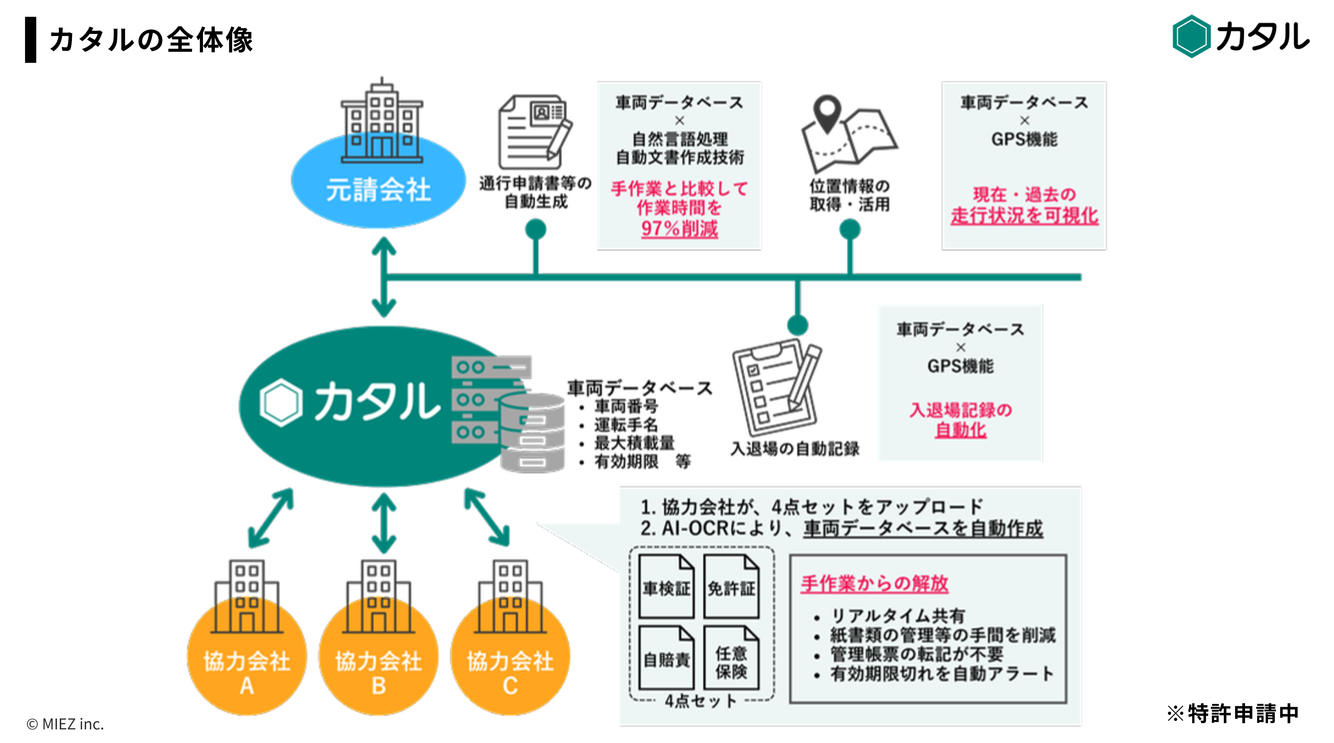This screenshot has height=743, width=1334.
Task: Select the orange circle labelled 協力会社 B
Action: click(x=378, y=668)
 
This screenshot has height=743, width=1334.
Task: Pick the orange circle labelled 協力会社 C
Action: click(x=510, y=668)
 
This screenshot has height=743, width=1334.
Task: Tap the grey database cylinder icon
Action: click(x=532, y=433)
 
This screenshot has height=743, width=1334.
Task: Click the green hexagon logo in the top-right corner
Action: click(x=1191, y=36)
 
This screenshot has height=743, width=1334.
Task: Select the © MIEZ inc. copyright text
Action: click(x=65, y=724)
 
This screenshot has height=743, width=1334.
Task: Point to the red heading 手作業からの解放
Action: click(x=874, y=583)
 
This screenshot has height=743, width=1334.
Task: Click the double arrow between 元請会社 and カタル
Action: click(x=384, y=277)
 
